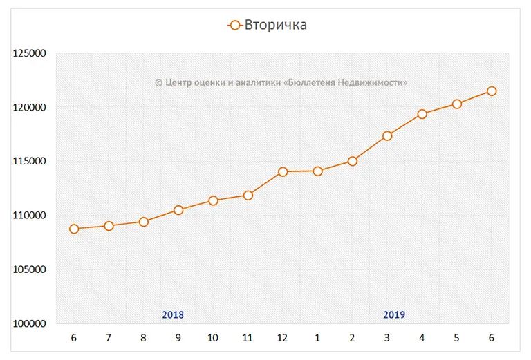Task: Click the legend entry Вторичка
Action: tap(268, 26)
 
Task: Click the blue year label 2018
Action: tap(173, 315)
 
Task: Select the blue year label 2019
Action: tap(394, 315)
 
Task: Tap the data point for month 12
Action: tap(283, 171)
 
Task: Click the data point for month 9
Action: tap(178, 210)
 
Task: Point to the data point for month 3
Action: tap(387, 135)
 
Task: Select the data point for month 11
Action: tap(248, 195)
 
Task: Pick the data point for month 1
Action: tap(317, 171)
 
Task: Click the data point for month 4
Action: tap(422, 114)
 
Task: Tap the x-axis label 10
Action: tap(213, 338)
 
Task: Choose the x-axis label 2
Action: tap(352, 338)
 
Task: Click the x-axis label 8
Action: tap(143, 338)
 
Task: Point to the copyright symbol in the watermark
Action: tap(158, 82)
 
